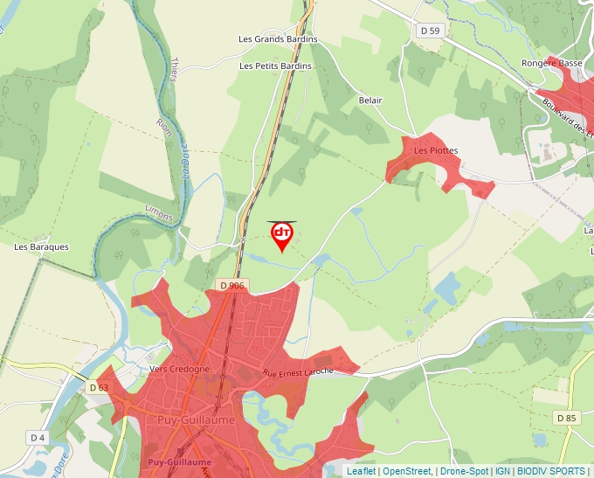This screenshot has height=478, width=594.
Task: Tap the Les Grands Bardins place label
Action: [x=278, y=39]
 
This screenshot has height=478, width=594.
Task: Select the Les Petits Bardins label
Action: [x=275, y=66]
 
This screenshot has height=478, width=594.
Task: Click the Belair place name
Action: [x=370, y=100]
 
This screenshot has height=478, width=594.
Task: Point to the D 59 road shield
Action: [x=430, y=31]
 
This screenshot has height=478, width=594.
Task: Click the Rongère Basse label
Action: [x=551, y=64]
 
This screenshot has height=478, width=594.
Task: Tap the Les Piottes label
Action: [x=436, y=150]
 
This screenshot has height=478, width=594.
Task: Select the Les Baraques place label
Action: [x=41, y=247]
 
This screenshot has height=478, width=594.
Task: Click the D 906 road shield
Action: [x=232, y=286]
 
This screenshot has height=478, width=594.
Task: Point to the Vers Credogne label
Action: [x=180, y=369]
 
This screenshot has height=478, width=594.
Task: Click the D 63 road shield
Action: [x=99, y=387]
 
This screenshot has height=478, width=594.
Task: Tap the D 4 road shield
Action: [x=37, y=437]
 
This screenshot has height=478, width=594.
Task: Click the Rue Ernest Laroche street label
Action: [x=298, y=372]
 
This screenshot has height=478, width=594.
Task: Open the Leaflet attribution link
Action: [x=361, y=471]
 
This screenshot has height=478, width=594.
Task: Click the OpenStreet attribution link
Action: [x=408, y=471]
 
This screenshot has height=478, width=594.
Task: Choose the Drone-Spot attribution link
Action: [x=464, y=471]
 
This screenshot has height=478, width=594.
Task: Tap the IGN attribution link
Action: [x=502, y=471]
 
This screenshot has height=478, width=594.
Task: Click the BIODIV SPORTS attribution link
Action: [x=551, y=471]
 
